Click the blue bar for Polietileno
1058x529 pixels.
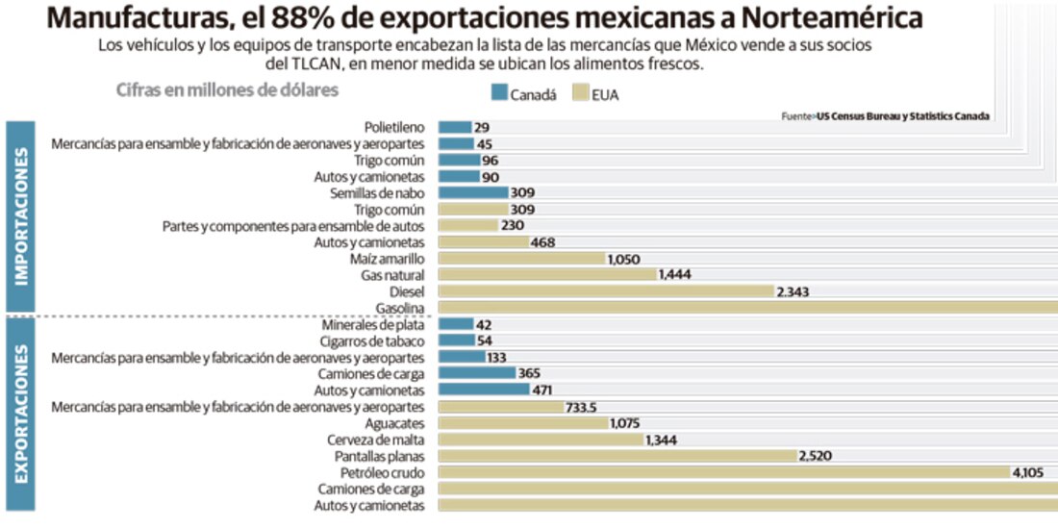pos(455,127)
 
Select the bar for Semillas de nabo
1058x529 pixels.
pos(472,192)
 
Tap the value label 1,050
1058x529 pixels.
pos(622,259)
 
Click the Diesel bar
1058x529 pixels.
pos(606,291)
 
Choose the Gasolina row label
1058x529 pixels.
pos(401,308)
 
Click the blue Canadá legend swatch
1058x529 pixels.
pos(498,93)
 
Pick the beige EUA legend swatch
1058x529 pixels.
pos(580,93)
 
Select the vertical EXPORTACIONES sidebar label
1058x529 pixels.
pos(20,414)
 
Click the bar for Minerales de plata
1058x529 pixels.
pos(455,325)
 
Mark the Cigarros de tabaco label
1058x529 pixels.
pos(372,341)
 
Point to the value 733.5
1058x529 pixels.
pos(580,408)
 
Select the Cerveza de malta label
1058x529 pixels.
pos(376,440)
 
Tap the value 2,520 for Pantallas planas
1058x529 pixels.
pos(816,456)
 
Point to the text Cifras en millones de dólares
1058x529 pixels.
pos(227,89)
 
